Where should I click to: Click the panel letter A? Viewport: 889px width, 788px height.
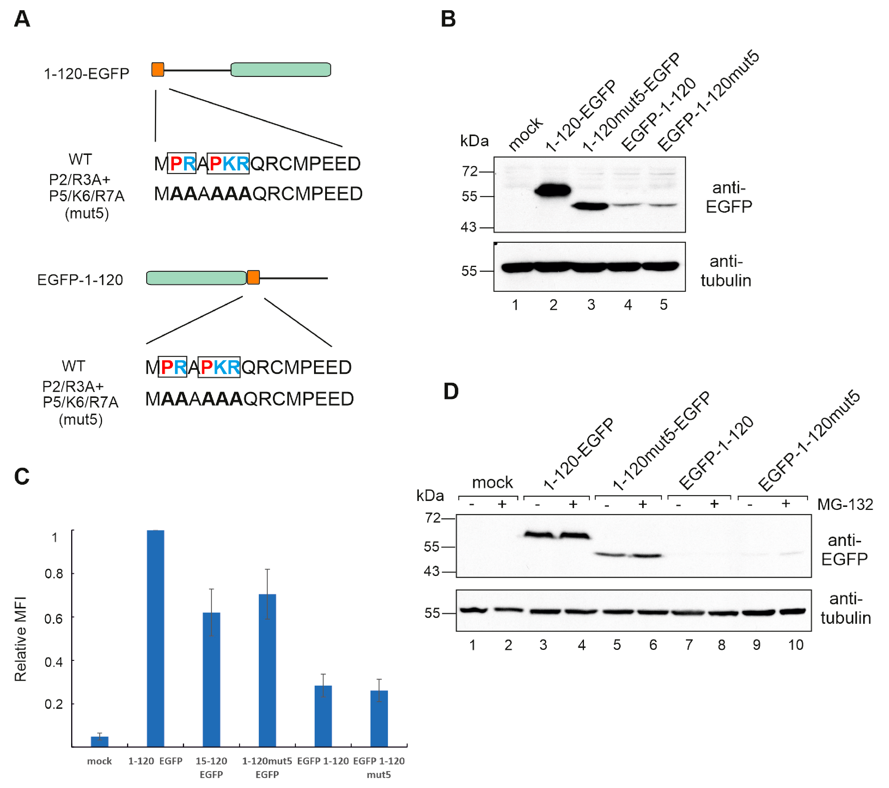coord(22,19)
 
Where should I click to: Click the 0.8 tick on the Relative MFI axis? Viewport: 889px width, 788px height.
coord(53,574)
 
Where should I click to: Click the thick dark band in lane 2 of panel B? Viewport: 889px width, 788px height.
coord(552,190)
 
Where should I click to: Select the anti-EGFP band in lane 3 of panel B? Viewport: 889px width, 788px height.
coord(590,206)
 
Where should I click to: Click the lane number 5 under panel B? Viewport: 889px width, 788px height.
coord(663,305)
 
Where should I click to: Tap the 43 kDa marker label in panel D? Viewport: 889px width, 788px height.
coord(431,571)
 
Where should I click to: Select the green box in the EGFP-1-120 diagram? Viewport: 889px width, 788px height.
coord(196,278)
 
